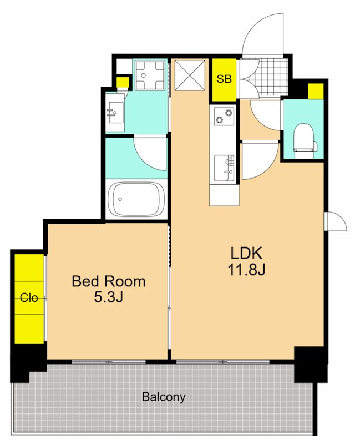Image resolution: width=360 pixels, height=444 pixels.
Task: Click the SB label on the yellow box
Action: [x=224, y=79]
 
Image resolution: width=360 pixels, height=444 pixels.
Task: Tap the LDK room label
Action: [x=246, y=253]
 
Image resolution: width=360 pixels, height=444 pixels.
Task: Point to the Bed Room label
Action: [x=108, y=281]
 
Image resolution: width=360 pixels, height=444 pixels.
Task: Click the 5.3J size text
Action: [x=108, y=297]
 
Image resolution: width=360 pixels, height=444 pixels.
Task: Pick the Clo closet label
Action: [x=29, y=297]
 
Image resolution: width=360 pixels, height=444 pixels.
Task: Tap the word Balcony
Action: [x=164, y=397]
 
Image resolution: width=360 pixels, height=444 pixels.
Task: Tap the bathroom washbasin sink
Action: [x=115, y=113]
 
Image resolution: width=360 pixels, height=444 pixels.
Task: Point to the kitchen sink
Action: [x=224, y=168]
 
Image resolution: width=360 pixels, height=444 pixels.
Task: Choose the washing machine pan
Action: [x=150, y=75]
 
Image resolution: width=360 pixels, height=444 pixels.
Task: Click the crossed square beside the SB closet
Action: [x=190, y=75]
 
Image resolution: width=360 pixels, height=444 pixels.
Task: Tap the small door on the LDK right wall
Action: [x=336, y=221]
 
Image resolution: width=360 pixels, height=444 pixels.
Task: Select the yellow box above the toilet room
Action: [x=316, y=91]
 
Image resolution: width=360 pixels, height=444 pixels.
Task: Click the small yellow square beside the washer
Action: [x=123, y=82]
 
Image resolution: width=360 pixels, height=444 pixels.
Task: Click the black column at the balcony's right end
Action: [x=311, y=365]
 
